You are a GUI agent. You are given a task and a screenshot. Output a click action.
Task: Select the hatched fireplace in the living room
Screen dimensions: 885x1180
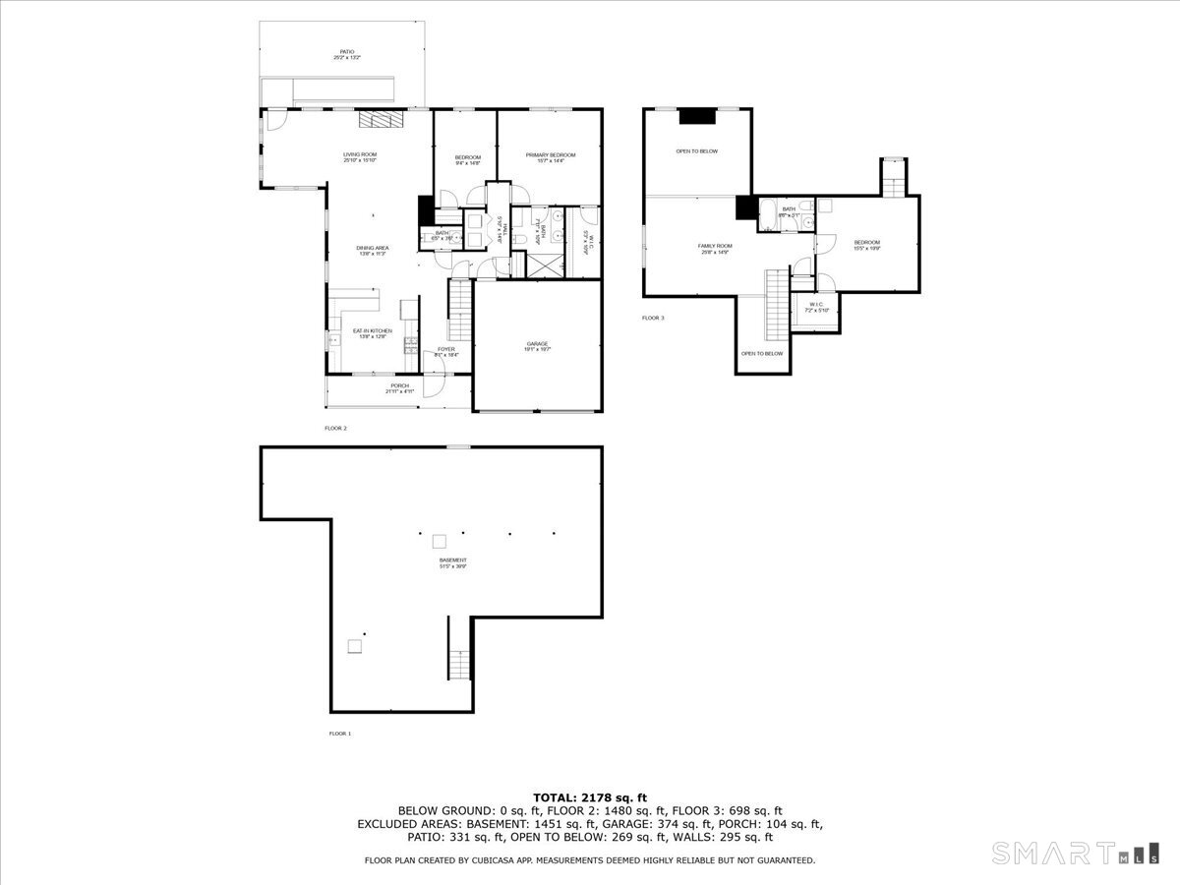tap(380, 119)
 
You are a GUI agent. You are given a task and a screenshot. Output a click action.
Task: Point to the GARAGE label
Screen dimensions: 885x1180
tap(537, 344)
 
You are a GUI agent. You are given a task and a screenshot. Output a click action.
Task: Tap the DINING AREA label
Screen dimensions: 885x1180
tap(371, 250)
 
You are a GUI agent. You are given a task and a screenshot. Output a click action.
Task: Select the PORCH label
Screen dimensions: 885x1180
tap(399, 387)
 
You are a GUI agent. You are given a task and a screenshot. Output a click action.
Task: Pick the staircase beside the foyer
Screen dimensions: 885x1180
tap(460, 310)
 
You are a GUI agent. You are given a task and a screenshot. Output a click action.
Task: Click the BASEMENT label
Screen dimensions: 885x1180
tap(453, 562)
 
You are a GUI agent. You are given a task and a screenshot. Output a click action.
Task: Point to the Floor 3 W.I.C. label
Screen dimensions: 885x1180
tap(818, 307)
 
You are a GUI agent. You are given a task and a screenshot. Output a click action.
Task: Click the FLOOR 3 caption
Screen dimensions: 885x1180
tap(653, 318)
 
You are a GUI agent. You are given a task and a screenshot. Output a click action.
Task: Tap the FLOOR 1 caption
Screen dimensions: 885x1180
tap(339, 734)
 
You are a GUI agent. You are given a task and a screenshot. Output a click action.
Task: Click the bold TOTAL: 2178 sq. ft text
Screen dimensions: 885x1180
tap(589, 797)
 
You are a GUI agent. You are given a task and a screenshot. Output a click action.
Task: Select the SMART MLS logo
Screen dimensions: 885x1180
tap(1075, 853)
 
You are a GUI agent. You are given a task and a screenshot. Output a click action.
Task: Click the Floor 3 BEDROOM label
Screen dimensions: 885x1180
tap(866, 244)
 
